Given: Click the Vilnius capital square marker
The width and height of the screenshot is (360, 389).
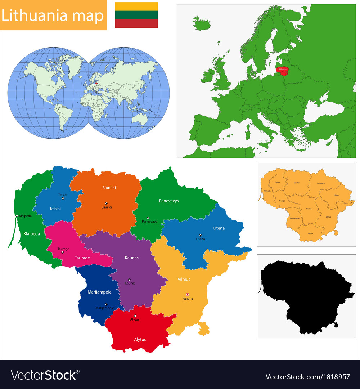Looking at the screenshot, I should (x=187, y=295).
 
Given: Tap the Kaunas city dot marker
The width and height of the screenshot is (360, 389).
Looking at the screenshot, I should (x=129, y=280).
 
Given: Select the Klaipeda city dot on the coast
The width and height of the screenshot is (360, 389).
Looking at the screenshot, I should (x=17, y=216).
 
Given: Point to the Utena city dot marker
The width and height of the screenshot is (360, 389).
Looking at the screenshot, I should (x=201, y=235).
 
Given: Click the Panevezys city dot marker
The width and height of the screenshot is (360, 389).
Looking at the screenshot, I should (x=148, y=218).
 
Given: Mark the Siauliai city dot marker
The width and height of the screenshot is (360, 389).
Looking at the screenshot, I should (x=106, y=203).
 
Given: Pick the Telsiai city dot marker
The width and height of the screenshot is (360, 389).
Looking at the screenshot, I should (x=63, y=198).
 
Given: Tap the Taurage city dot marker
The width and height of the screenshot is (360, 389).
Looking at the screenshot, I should (x=62, y=252).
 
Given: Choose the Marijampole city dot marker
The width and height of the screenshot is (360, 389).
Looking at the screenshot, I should (x=106, y=304).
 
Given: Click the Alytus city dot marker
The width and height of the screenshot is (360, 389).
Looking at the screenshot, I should (x=135, y=316).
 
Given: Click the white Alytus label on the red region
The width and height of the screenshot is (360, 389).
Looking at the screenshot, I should (x=140, y=339).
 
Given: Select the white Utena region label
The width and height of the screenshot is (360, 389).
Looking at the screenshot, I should (x=219, y=228).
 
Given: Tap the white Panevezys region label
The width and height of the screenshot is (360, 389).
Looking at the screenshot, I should (x=169, y=201).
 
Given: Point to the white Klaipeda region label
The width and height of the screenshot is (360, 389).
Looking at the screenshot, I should (x=32, y=233).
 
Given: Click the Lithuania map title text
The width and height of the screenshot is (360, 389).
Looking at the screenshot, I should (x=53, y=16).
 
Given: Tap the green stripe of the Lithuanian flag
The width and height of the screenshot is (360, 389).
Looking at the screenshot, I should (x=136, y=15).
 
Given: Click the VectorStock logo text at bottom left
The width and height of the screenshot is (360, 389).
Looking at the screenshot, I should (x=43, y=375).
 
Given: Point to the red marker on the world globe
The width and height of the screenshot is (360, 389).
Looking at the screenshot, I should (x=96, y=83).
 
